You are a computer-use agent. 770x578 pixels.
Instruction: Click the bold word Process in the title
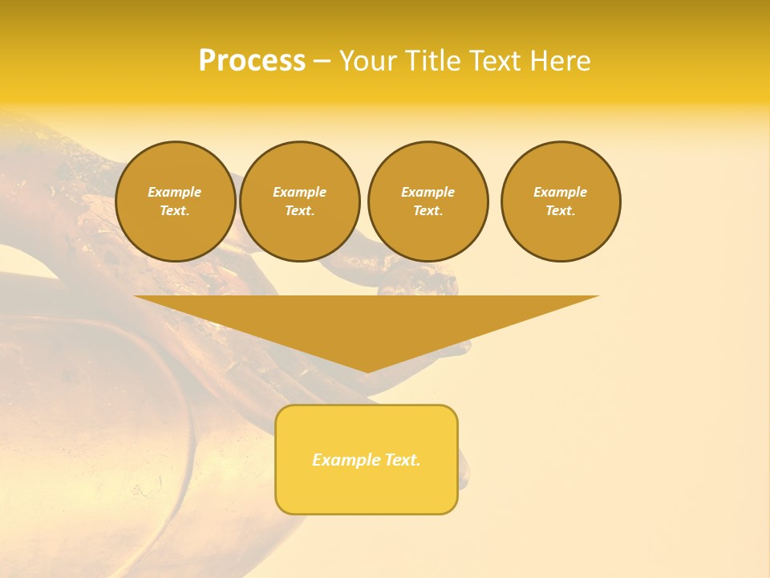252,61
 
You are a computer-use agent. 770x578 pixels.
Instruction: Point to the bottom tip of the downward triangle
367,371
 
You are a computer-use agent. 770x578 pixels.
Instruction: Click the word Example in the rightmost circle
560,192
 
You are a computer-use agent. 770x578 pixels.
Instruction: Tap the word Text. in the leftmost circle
175,211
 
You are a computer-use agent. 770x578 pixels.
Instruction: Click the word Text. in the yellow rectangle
401,460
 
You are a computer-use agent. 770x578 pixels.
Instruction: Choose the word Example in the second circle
299,192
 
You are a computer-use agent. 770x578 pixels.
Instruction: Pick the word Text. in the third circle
428,211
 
